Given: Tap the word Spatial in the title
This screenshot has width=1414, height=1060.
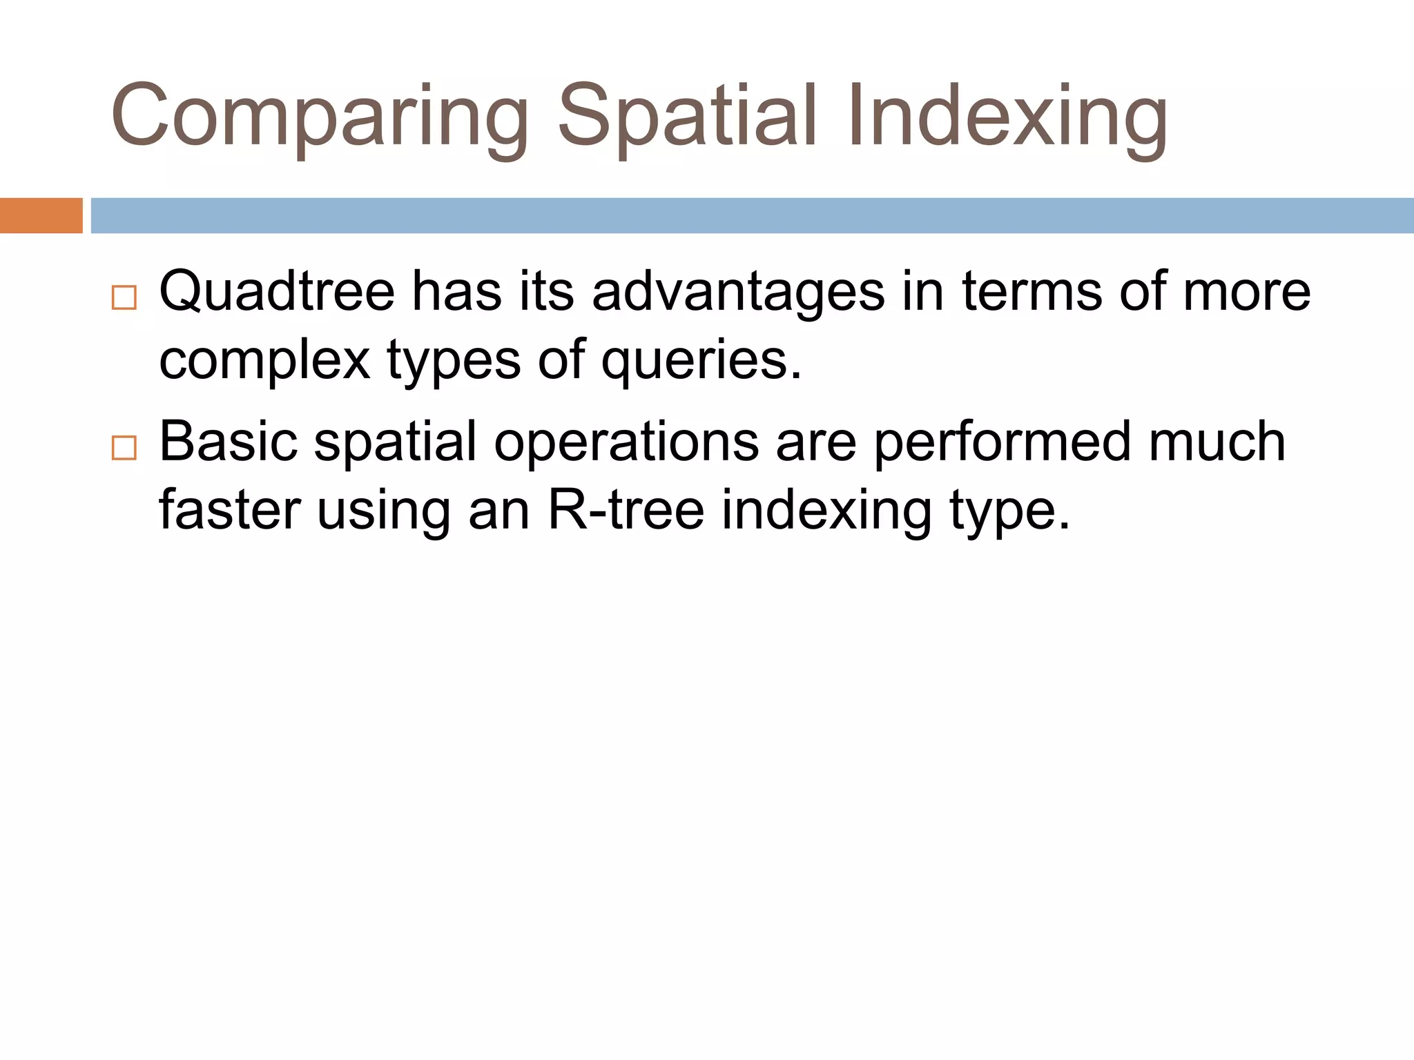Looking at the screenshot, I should click(687, 117).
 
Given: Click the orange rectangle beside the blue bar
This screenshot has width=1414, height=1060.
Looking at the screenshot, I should click(41, 215).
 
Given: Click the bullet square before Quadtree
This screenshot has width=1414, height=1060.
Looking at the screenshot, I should click(124, 298).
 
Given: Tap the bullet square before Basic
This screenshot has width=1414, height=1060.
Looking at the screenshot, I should click(124, 449).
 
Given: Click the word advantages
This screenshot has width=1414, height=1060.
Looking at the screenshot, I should click(738, 291).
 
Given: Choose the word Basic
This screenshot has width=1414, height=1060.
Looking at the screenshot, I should click(228, 442).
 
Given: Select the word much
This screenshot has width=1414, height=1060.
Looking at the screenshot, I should click(1217, 442).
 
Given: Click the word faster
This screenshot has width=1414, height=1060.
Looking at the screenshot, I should click(230, 511).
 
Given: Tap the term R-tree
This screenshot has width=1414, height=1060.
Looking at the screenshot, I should click(626, 511).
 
